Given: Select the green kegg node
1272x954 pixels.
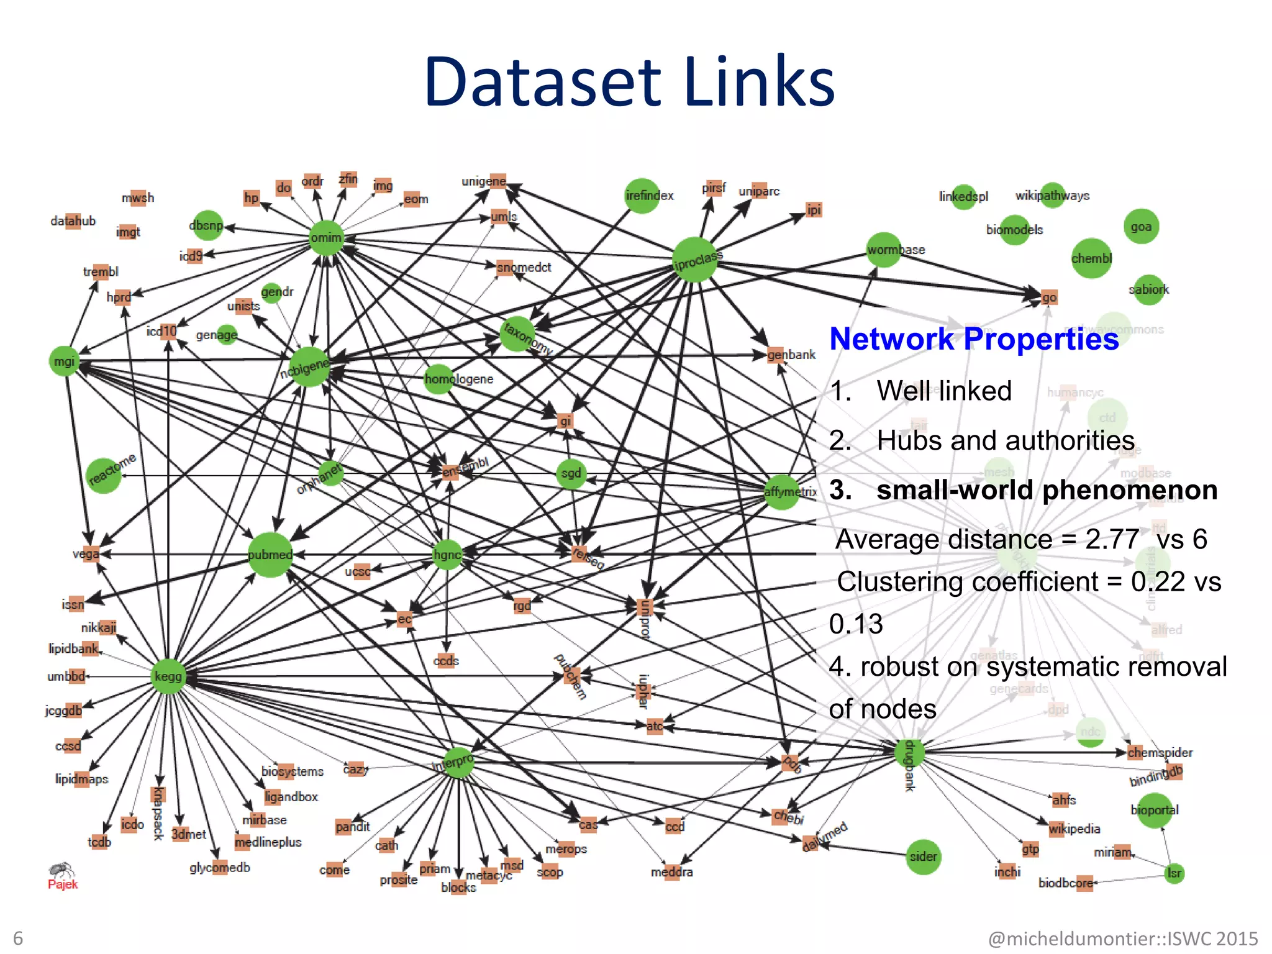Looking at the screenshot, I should coord(168,676).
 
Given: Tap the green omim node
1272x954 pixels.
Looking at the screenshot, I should coord(326,237).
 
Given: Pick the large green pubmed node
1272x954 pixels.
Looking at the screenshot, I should coord(270,555).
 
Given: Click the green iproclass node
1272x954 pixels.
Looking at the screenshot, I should coord(695,260).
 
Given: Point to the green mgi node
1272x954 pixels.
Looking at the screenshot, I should coord(64,361).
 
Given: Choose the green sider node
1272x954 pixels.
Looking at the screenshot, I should coord(923,856).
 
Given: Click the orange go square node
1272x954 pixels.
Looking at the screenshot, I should coord(1048,298).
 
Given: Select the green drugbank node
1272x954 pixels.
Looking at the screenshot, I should coord(909,752).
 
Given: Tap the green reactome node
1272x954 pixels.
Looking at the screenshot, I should coord(104,476).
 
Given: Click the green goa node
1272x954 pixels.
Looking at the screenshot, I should coord(1141,227).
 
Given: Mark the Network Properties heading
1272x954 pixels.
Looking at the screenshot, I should coord(974,339).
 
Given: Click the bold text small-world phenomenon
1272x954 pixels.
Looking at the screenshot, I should coord(1047,490).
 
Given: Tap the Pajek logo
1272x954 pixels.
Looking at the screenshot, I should coord(62,875).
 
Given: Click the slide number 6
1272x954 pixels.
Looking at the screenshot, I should coord(18,938).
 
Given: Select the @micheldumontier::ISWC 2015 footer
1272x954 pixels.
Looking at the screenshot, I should coord(1122,938).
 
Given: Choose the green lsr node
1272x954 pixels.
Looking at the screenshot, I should coord(1174,873).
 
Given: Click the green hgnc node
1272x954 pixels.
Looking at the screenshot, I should coord(447,555).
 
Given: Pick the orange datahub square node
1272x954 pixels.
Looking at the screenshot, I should coord(73,221).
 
